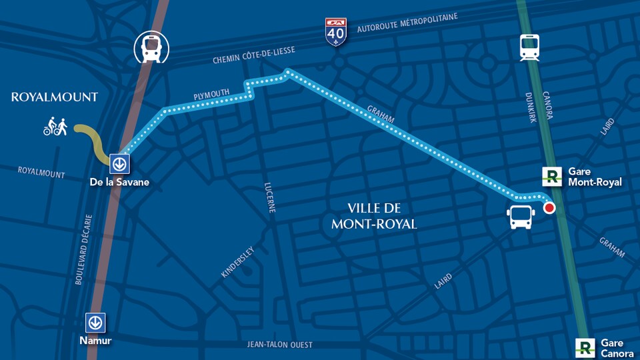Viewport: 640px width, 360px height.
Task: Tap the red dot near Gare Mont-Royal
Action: [549, 208]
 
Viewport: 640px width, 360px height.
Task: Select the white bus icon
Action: [521, 217]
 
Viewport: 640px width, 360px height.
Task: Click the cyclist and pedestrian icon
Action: [55, 126]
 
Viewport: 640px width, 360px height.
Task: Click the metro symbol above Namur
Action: [95, 323]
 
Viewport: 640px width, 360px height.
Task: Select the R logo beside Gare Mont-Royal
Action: [552, 177]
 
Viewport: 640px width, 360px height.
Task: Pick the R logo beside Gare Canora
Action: [585, 347]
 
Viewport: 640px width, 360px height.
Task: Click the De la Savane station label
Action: [119, 182]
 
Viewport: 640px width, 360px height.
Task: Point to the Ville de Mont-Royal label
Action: [374, 216]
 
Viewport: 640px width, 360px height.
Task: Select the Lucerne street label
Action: [270, 198]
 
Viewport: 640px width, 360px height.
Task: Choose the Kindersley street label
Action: [237, 262]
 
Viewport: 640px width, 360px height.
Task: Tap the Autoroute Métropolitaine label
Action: [407, 23]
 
